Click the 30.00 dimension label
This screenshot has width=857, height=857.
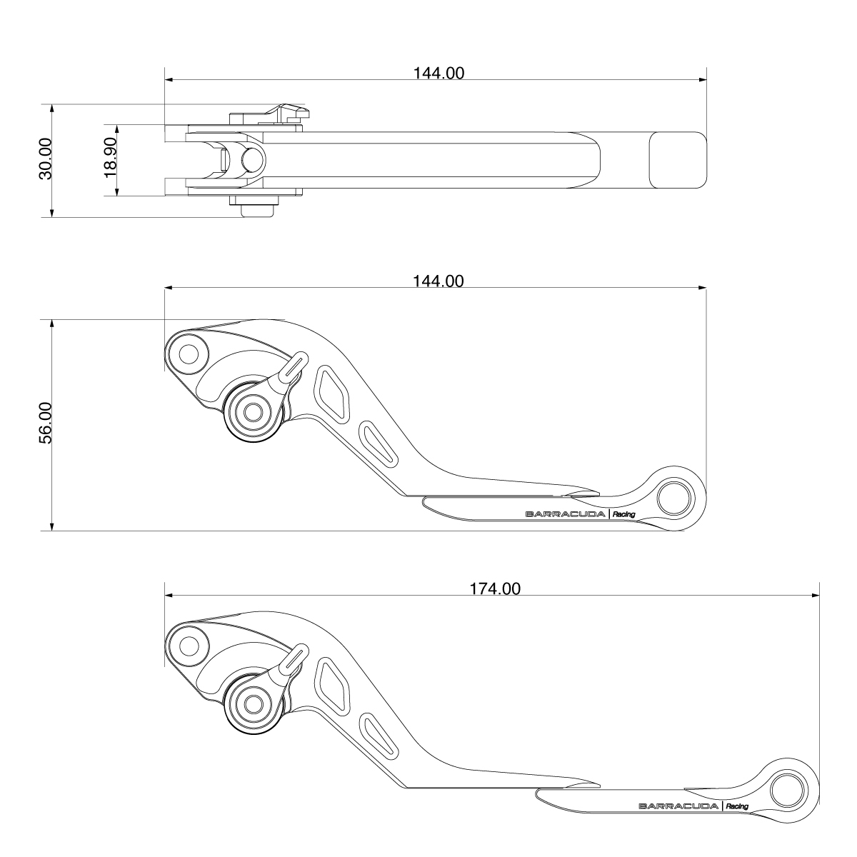click(x=45, y=159)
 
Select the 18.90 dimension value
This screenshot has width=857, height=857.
click(x=110, y=159)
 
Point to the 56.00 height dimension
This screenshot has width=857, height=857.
click(x=45, y=424)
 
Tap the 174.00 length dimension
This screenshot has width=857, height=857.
click(x=495, y=588)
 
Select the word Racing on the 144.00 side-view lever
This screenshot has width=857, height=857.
click(x=623, y=514)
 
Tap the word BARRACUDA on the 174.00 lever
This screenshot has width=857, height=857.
click(x=678, y=806)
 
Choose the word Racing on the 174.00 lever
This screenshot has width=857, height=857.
click(x=736, y=806)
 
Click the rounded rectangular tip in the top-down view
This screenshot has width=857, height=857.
click(x=676, y=161)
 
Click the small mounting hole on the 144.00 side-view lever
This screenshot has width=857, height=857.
click(x=189, y=354)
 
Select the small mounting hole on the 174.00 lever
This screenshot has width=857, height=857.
click(x=189, y=646)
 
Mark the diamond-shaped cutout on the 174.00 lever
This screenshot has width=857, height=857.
click(x=331, y=682)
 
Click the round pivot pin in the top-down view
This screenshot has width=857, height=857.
click(x=252, y=159)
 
